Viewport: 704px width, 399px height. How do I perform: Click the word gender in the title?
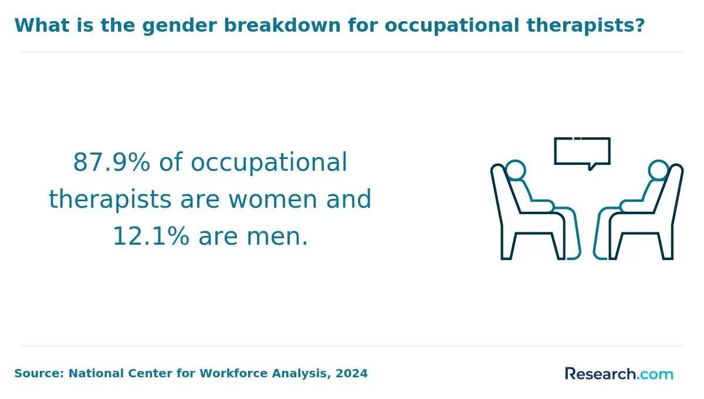[180, 26]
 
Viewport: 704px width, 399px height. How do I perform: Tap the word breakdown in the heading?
[282, 25]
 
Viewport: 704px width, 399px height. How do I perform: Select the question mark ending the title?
[639, 25]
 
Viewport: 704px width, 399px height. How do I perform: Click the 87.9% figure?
[111, 163]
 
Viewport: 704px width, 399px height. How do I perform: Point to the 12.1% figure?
[151, 236]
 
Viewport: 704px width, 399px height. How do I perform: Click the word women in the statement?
[273, 200]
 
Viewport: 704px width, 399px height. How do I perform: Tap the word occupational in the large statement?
[269, 163]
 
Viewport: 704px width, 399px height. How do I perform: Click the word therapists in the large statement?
[110, 200]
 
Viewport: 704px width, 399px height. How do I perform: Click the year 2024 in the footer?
[351, 374]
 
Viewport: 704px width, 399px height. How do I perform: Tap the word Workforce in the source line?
[234, 374]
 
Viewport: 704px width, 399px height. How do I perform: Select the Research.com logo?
[619, 374]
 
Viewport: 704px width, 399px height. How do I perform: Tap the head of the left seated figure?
[516, 170]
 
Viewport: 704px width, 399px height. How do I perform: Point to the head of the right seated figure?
[658, 170]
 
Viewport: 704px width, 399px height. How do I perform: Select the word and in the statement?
[349, 199]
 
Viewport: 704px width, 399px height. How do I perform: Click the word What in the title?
[42, 25]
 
